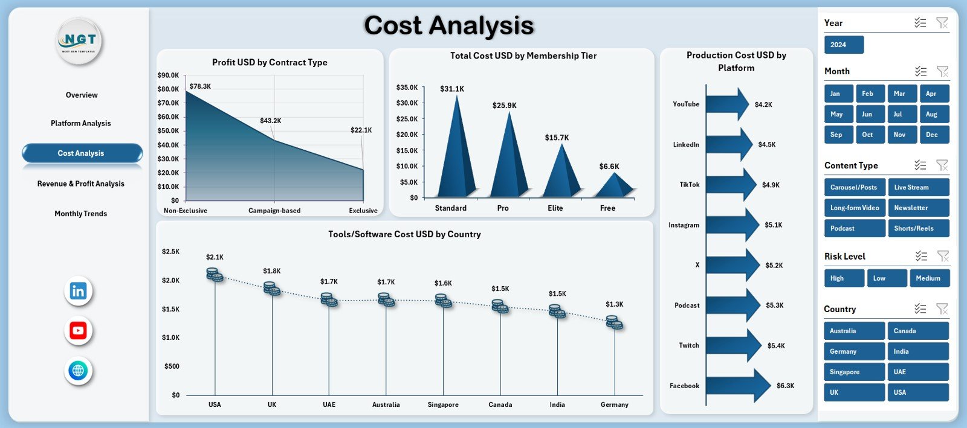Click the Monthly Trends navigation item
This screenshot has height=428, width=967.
tap(80, 214)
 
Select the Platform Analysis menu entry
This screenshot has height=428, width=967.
tap(80, 123)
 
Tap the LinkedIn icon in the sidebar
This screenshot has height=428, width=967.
tap(78, 291)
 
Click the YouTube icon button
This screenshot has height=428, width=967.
tap(78, 331)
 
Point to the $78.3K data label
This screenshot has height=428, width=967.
tap(200, 86)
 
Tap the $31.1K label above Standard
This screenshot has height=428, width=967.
tap(452, 89)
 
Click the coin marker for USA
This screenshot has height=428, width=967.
tap(215, 275)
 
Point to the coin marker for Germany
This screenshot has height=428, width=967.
tap(615, 322)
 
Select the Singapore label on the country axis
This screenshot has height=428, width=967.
tap(443, 404)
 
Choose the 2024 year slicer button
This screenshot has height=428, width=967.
tap(844, 45)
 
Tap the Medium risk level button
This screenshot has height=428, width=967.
tap(929, 278)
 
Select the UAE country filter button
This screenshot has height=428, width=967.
tap(917, 372)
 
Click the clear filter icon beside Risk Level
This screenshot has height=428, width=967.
tap(942, 256)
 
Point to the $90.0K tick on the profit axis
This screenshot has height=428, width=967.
tap(168, 75)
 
